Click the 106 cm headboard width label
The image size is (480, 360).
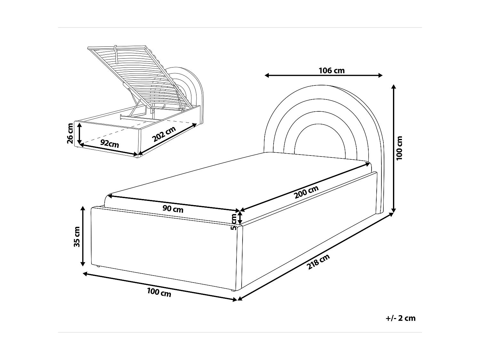pyautogui.click(x=332, y=71)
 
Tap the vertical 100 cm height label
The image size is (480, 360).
pyautogui.click(x=399, y=148)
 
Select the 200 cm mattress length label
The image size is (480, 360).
pyautogui.click(x=306, y=192)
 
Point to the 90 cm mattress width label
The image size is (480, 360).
pyautogui.click(x=173, y=209)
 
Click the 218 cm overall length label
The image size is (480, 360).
pyautogui.click(x=318, y=262)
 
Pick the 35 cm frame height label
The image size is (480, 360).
pyautogui.click(x=77, y=237)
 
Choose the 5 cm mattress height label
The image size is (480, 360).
pyautogui.click(x=234, y=222)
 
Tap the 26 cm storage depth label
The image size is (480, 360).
pyautogui.click(x=70, y=133)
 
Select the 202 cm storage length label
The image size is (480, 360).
pyautogui.click(x=164, y=134)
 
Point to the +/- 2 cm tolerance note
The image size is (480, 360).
pyautogui.click(x=401, y=318)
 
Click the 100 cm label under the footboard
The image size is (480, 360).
pyautogui.click(x=159, y=292)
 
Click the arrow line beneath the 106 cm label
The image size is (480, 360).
pyautogui.click(x=324, y=76)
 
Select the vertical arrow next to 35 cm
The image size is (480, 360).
pyautogui.click(x=83, y=236)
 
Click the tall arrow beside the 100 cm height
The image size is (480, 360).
pyautogui.click(x=394, y=148)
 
